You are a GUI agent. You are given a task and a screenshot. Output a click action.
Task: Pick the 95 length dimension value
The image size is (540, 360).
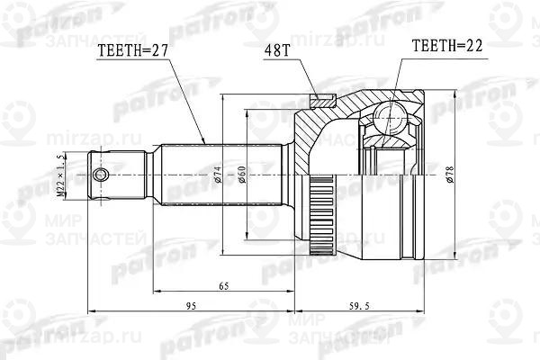(x=190, y=308)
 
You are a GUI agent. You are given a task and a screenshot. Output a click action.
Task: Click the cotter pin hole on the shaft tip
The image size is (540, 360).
(x=103, y=173)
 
